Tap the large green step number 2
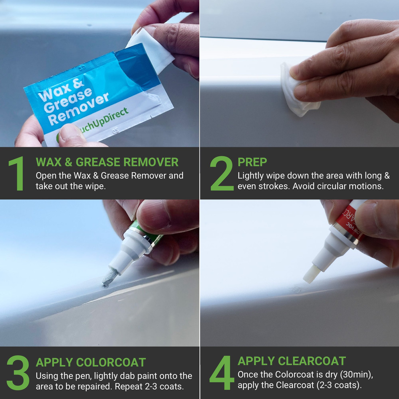[x=221, y=174]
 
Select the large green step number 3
[x=18, y=373]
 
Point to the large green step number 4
[x=222, y=373]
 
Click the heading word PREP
[x=252, y=162]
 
